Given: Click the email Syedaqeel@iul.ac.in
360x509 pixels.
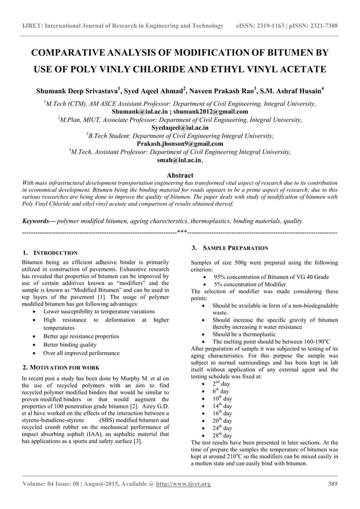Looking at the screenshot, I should click(180, 128).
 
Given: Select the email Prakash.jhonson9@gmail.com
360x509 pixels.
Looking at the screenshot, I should click(180, 144).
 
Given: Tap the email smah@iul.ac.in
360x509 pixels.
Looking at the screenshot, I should click(179, 160).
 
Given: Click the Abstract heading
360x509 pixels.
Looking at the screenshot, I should click(180, 175).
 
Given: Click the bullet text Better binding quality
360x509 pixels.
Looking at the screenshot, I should click(69, 344).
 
